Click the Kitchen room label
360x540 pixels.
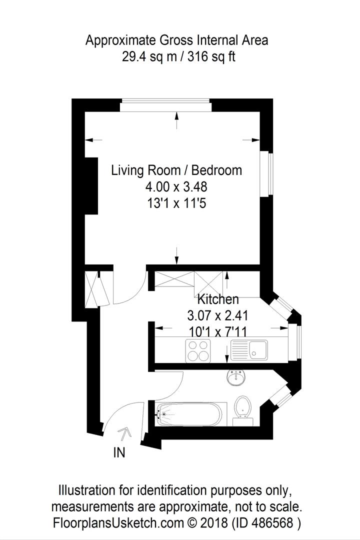[217, 299]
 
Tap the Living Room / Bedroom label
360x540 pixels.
[176, 170]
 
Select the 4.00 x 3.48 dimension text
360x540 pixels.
[176, 186]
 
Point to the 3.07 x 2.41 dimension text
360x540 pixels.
[217, 315]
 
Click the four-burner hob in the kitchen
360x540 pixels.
[198, 350]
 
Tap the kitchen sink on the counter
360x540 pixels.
[249, 350]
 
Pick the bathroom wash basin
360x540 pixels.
[236, 377]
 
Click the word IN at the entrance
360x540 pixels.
[119, 452]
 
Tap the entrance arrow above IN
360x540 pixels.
[124, 433]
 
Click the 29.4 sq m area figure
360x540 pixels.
[149, 56]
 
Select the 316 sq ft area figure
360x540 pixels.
[211, 56]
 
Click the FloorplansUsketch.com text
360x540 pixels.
[118, 523]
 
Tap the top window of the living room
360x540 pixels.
[165, 105]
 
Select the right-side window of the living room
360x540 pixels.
[266, 174]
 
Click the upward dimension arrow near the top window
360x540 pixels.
[177, 120]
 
